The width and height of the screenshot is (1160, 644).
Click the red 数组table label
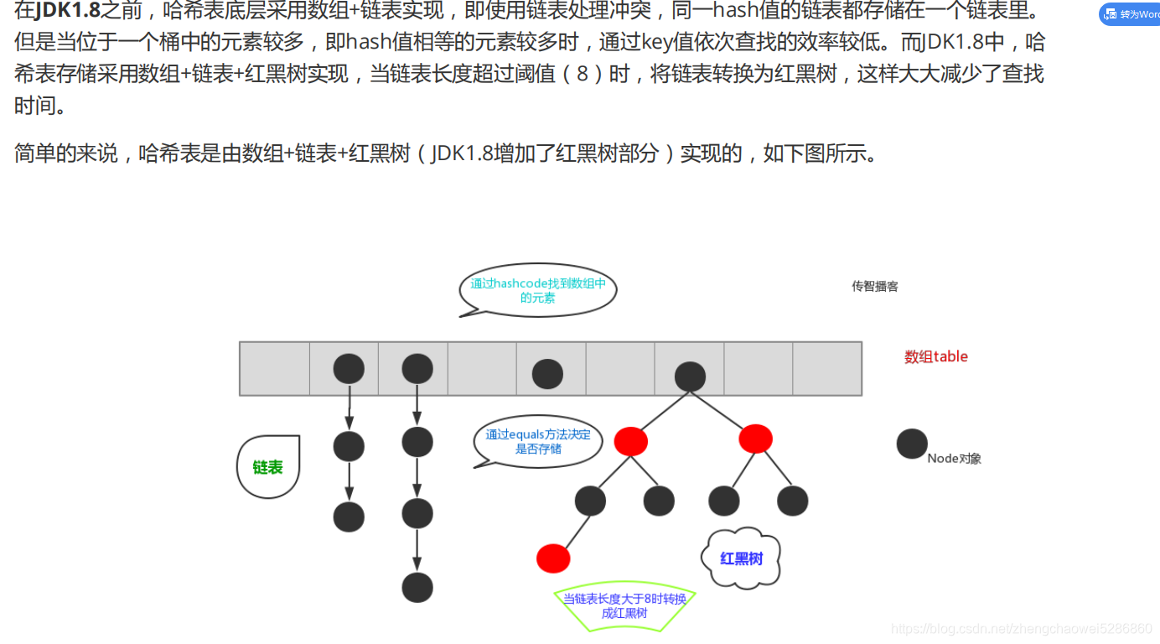click(935, 356)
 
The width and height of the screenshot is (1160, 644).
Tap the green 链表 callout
click(268, 467)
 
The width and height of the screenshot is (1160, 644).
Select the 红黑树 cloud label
click(742, 558)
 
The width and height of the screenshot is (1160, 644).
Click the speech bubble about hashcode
click(538, 290)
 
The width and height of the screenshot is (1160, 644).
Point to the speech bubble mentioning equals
click(538, 442)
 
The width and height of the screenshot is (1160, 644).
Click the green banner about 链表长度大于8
click(624, 605)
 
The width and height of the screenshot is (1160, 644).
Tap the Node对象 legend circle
click(912, 444)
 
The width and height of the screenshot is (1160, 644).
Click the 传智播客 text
click(875, 286)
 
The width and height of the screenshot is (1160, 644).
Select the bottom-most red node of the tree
click(553, 558)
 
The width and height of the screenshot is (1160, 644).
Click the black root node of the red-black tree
click(690, 377)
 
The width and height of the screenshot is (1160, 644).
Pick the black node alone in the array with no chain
click(547, 374)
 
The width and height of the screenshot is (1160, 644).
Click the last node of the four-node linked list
click(417, 587)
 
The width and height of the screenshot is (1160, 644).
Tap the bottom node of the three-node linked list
click(349, 517)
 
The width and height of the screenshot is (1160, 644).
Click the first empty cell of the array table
click(274, 368)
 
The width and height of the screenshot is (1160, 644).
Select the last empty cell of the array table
click(826, 368)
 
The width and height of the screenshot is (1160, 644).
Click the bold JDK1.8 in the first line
click(68, 12)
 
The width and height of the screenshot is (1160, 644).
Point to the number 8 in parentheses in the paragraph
click(583, 74)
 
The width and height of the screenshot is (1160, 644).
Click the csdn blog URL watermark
click(1022, 629)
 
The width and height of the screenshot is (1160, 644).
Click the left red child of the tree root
click(630, 441)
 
